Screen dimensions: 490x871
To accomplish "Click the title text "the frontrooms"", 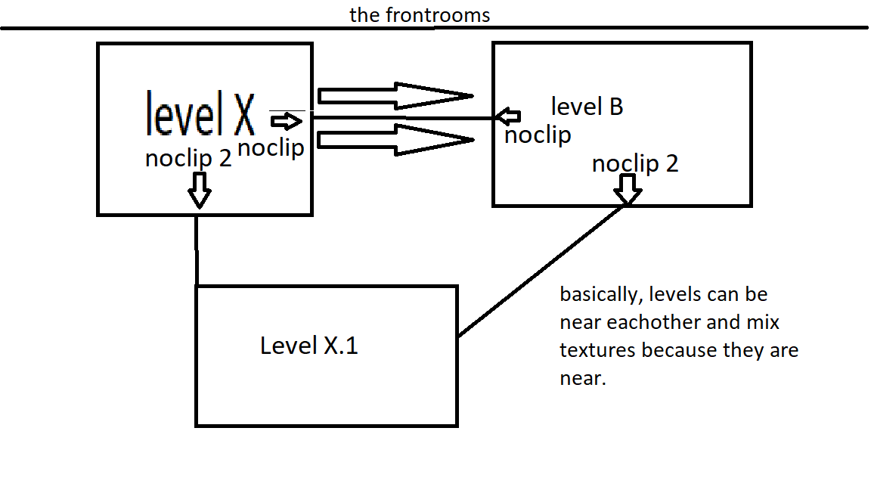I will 420,14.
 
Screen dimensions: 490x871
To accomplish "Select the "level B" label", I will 587,107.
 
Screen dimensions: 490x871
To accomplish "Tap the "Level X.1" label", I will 308,346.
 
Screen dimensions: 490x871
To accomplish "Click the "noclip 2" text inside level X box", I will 188,159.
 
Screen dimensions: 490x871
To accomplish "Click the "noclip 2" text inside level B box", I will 635,163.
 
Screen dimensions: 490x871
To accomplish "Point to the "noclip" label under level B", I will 538,135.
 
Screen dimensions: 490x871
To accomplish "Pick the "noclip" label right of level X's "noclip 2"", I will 271,148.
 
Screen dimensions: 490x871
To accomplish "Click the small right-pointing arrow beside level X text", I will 285,120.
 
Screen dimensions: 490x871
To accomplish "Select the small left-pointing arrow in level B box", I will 509,116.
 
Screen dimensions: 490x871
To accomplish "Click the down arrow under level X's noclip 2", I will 200,189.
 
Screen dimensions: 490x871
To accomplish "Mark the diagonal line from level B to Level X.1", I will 543,270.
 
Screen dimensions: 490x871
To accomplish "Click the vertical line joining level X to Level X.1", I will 197,250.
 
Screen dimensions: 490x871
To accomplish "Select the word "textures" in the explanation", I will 598,351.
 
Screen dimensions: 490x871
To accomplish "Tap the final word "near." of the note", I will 583,379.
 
